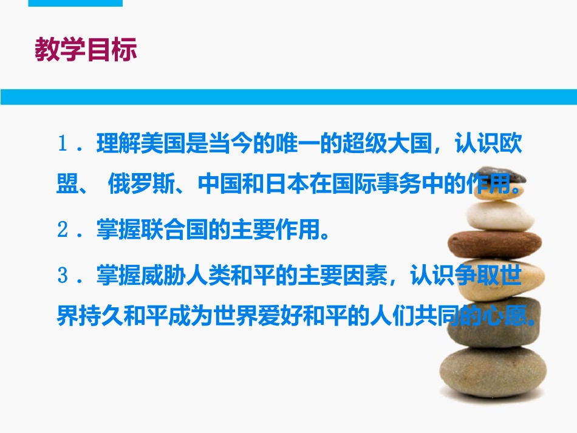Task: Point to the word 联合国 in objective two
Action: pos(175,230)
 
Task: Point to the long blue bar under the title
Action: pos(288,97)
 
